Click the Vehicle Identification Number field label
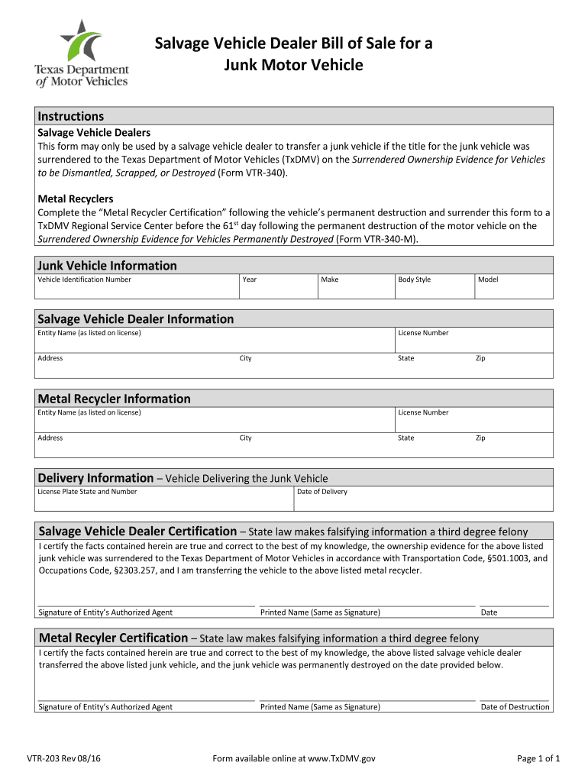click(x=85, y=280)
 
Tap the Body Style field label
click(x=415, y=280)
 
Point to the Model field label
click(x=488, y=280)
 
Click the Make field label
click(x=330, y=280)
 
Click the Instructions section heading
click(x=71, y=116)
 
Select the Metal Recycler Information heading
click(x=115, y=399)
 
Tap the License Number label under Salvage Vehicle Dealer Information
click(x=423, y=333)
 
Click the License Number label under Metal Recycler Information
click(x=423, y=412)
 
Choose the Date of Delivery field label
click(x=322, y=492)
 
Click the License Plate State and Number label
click(x=88, y=492)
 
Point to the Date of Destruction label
click(x=515, y=707)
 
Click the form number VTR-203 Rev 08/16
click(x=64, y=758)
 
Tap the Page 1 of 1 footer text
click(x=538, y=758)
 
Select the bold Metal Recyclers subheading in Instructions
click(x=76, y=199)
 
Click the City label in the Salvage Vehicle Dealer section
click(x=246, y=358)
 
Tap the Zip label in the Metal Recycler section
click(x=480, y=438)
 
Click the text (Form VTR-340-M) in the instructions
click(x=377, y=239)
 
